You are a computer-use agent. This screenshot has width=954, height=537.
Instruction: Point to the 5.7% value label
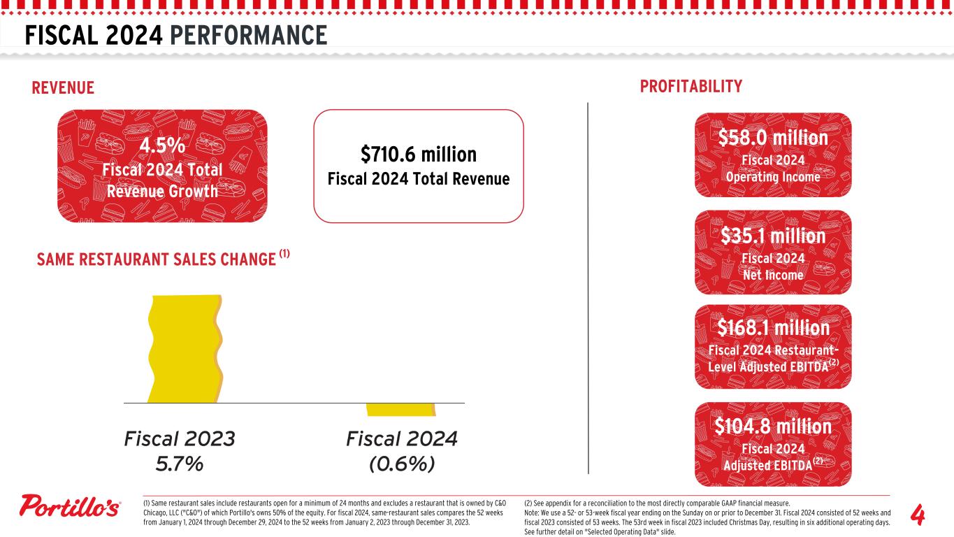179,464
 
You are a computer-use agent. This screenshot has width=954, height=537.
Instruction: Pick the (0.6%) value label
401,464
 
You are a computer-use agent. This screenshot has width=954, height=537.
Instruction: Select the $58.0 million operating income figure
773,138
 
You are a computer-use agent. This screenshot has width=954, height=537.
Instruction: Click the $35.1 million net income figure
773,236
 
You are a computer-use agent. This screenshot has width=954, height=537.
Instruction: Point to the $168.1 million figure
773,328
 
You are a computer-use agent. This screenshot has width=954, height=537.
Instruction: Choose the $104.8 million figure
773,426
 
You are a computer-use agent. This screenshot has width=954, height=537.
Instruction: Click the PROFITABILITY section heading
691,86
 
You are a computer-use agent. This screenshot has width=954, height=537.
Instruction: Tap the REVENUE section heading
63,87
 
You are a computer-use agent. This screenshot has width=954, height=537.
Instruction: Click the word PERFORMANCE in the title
247,35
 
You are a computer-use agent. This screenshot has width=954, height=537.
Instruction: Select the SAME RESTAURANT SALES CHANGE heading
155,259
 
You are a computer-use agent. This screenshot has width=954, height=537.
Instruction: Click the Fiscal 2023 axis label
179,439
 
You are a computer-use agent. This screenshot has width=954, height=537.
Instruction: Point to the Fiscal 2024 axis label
401,439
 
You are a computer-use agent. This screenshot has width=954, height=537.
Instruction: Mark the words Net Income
773,275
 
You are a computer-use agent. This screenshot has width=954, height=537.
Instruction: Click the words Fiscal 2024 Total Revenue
418,179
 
